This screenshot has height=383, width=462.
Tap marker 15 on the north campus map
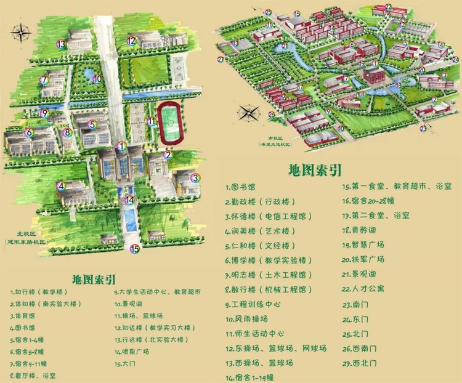pos(134,249)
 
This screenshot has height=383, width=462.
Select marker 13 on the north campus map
pos(60,44)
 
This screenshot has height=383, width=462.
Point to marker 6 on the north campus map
pos(28,132)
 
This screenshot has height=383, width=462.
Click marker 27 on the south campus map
pos(220,60)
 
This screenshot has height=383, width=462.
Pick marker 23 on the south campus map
pos(423,128)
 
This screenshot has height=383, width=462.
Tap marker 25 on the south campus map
pos(268,12)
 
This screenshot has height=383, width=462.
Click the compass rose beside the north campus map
pos(23,31)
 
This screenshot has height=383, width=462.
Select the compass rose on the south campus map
pos(249,114)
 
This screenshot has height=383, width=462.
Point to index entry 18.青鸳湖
pos(363,230)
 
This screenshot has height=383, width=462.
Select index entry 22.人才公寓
pos(367,288)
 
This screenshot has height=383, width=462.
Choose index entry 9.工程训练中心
pos(253,304)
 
